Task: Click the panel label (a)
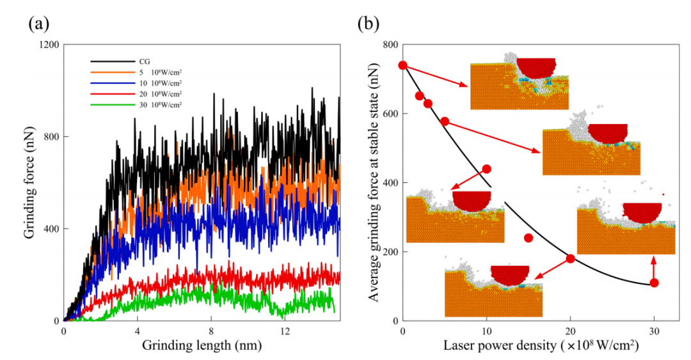click(39, 24)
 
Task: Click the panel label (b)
click(369, 24)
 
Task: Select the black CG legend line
click(113, 61)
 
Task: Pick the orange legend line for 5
click(113, 72)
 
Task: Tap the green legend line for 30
click(113, 105)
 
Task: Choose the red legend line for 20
click(113, 94)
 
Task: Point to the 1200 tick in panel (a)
click(49, 45)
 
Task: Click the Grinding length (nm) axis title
click(202, 345)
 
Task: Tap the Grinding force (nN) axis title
click(29, 182)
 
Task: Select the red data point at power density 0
click(402, 65)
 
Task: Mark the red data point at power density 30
click(654, 283)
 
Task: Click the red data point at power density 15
click(528, 238)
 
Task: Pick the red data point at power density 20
click(570, 259)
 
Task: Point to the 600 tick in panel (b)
click(390, 114)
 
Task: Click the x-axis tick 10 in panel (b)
click(486, 331)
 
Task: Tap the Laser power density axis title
click(541, 345)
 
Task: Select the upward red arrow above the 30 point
click(653, 267)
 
